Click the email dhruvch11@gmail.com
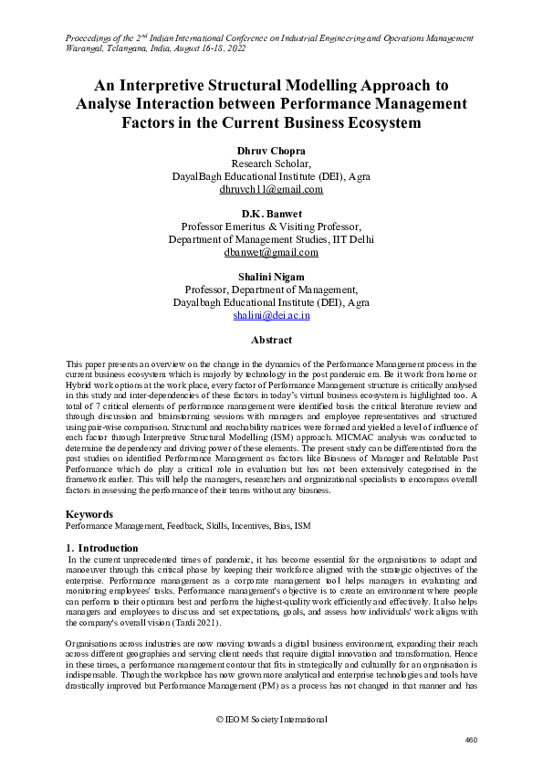coord(271,190)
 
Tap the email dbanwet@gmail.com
coord(271,253)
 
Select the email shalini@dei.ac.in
coord(271,315)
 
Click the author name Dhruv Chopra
coord(271,150)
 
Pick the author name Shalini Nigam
coord(271,275)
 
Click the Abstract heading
coord(271,341)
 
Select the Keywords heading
coord(90,514)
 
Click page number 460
coord(471,740)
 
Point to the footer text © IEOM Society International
coord(271,720)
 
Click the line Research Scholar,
coord(271,163)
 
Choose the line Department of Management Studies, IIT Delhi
coord(271,239)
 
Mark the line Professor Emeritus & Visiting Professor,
coord(271,226)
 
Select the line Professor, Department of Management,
coord(271,289)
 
